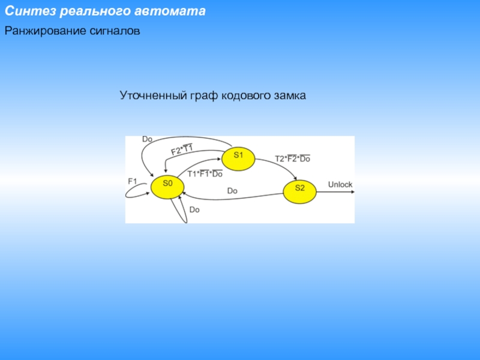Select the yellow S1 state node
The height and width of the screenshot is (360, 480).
coord(238,156)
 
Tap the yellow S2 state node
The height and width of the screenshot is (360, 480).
coord(300,188)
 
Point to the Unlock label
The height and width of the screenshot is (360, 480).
coord(340,184)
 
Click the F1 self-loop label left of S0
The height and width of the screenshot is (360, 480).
coord(133,181)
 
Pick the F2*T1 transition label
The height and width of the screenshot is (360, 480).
coord(182,149)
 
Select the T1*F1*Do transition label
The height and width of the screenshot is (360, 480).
coord(205,174)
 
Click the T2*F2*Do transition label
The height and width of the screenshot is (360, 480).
coord(292,159)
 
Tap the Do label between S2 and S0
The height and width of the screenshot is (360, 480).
coord(232,191)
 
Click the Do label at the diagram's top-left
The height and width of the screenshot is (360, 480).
coord(147,139)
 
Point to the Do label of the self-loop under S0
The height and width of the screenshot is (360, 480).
coord(194,210)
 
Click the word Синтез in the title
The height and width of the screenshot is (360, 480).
coord(28,11)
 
